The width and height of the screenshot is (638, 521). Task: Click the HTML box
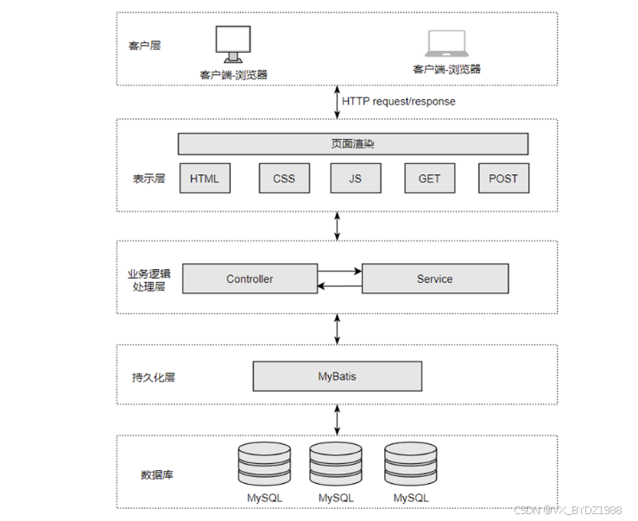(205, 179)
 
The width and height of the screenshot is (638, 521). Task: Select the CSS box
(284, 179)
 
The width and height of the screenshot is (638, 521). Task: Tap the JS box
(355, 179)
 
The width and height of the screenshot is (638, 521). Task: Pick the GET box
(429, 179)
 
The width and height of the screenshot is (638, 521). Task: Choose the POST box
(503, 179)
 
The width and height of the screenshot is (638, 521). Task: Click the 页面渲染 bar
(353, 144)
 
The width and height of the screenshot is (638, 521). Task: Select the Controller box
(250, 279)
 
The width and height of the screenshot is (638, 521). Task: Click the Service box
(434, 279)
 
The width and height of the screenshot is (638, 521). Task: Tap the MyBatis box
(337, 376)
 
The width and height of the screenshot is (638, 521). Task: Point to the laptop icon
(446, 45)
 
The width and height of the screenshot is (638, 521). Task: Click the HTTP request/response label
(398, 101)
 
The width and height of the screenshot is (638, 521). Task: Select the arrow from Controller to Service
(339, 271)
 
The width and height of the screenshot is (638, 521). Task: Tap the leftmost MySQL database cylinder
(264, 466)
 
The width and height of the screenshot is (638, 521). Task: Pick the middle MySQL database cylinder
(336, 466)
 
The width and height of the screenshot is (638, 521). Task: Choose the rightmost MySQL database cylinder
(411, 466)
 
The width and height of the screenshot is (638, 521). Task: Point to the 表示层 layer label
(148, 179)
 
